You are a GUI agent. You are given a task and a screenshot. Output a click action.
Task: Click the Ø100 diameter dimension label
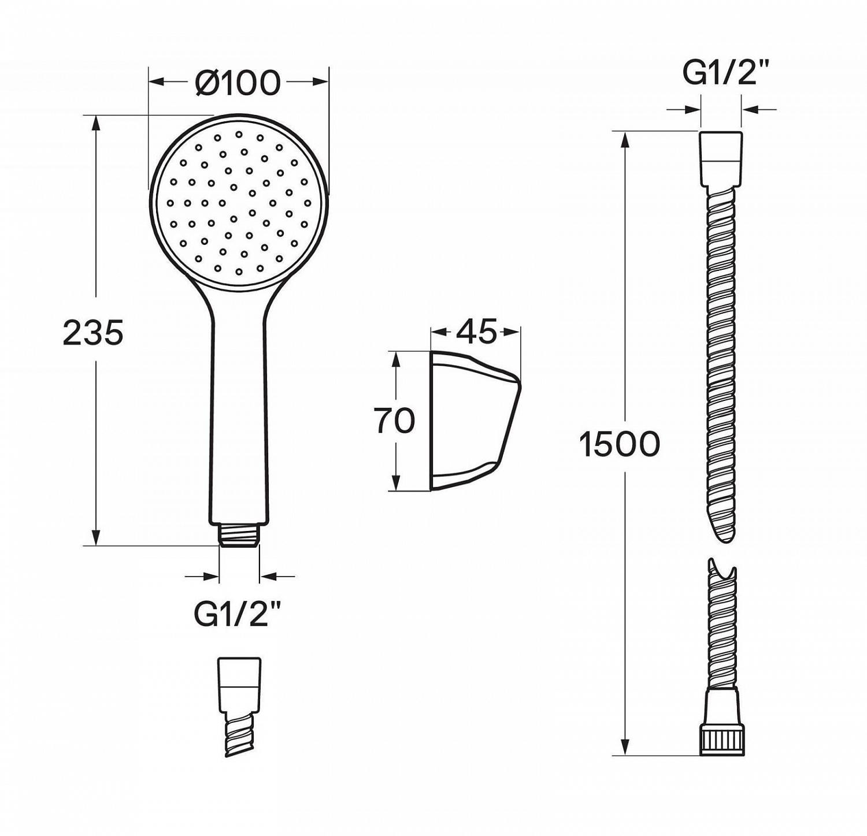pos(238,83)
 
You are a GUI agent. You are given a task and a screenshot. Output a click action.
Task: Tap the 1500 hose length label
pos(620,444)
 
